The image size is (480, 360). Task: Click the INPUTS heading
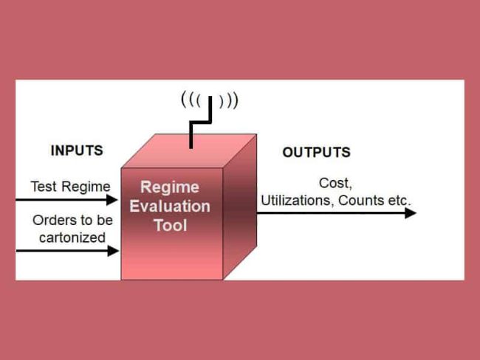(77, 150)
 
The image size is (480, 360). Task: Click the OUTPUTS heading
(316, 153)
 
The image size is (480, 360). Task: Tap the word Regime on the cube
(170, 188)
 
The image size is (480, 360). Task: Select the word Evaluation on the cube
(170, 206)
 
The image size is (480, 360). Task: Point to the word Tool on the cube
(170, 224)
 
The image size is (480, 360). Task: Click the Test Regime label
(70, 186)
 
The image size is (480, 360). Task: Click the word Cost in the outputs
(333, 183)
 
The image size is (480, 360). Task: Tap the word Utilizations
(294, 200)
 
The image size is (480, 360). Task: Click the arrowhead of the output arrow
(411, 213)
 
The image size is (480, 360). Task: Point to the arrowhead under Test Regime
(113, 199)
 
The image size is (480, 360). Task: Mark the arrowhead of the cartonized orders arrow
(113, 251)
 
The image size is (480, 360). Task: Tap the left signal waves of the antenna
(191, 99)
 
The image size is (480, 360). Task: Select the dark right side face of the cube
(239, 207)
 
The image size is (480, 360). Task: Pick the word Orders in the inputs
(51, 220)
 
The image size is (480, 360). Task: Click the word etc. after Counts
(396, 200)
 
